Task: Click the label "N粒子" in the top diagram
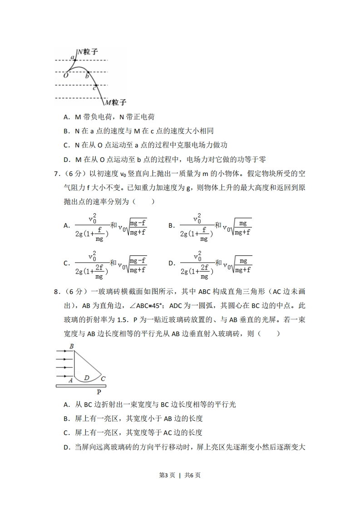[x=88, y=52]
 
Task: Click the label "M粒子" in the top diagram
[x=115, y=103]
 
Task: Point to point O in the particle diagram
[x=66, y=76]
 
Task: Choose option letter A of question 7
[x=66, y=225]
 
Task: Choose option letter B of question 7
[x=172, y=225]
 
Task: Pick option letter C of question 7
[x=66, y=263]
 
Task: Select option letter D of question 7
[x=172, y=263]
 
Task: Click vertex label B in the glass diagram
[x=71, y=347]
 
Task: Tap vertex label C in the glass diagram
[x=103, y=378]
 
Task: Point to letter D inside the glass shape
[x=86, y=377]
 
